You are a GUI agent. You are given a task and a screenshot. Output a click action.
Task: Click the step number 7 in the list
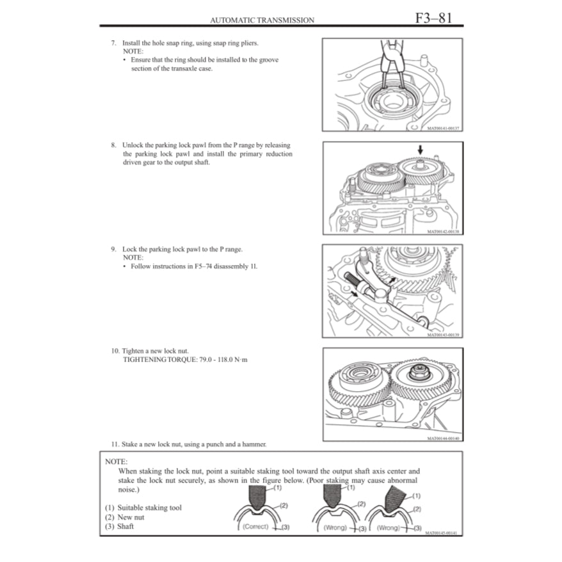click(113, 43)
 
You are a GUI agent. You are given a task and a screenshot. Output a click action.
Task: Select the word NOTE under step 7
click(132, 51)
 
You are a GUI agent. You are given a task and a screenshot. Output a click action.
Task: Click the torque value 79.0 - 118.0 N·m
click(216, 360)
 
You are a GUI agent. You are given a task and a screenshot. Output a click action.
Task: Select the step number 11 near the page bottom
click(115, 444)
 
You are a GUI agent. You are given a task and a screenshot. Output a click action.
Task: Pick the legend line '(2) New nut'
click(125, 517)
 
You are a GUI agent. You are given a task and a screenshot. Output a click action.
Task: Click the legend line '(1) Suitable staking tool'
click(143, 508)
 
